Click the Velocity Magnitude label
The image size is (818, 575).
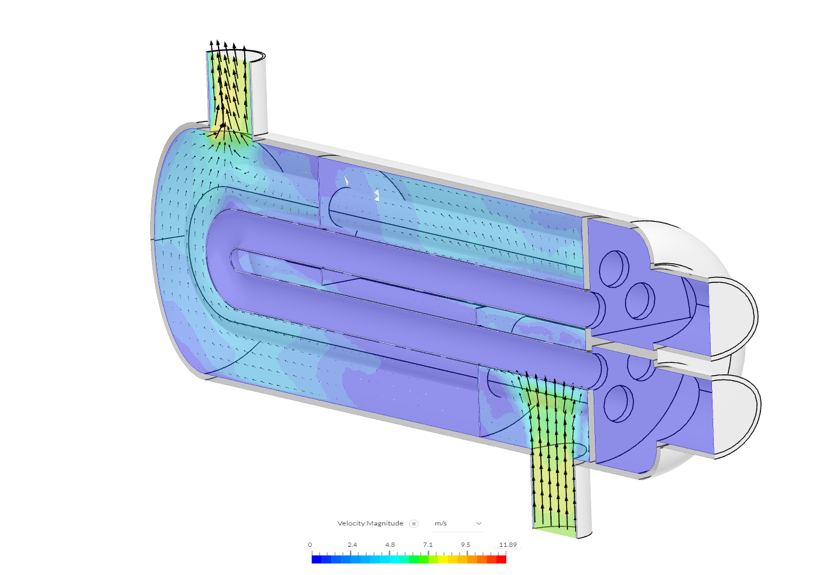pos(370,523)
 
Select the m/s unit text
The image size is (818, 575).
pos(441,523)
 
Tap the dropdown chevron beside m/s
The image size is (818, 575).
pos(479,523)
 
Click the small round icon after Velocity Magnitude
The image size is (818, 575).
pos(414,523)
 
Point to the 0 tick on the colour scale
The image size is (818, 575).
pos(310,545)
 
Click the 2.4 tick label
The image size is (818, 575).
pos(352,545)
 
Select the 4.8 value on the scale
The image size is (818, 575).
pos(390,545)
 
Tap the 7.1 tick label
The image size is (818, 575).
pos(428,545)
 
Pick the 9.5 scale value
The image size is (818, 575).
pos(465,545)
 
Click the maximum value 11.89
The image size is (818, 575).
pos(507,545)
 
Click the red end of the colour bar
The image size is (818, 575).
pos(502,559)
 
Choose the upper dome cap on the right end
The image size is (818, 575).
pos(735,313)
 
